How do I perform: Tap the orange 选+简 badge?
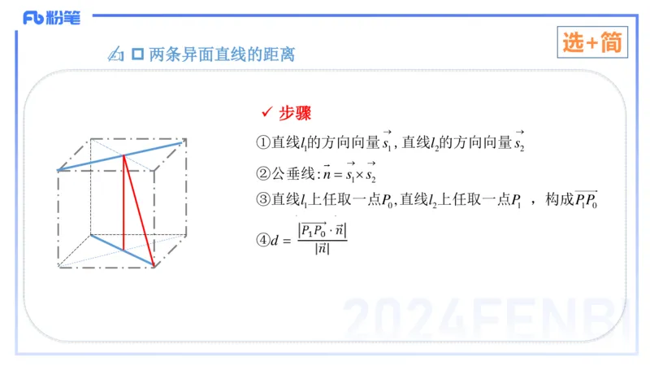pos(593,44)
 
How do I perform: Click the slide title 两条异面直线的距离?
pos(221,55)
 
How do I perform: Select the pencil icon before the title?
pos(115,55)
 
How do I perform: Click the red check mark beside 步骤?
pos(266,112)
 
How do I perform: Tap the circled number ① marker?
pos(262,142)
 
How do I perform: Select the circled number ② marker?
pos(262,172)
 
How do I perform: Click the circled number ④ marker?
pos(262,240)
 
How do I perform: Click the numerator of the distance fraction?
pos(323,231)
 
